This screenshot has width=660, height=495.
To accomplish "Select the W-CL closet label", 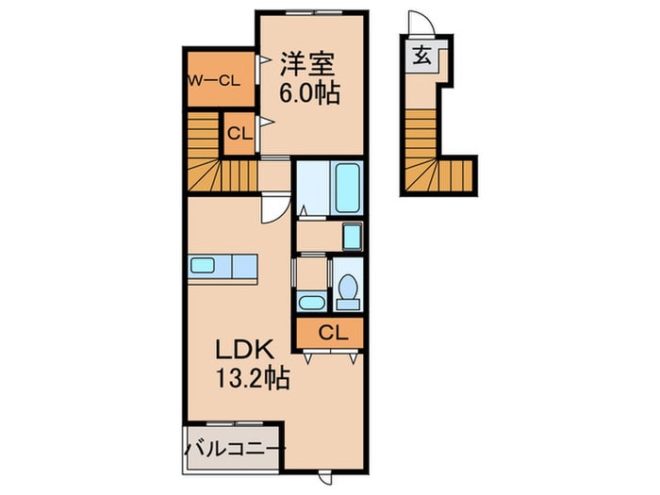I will pyautogui.click(x=219, y=80).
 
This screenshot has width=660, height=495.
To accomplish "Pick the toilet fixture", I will pyautogui.click(x=347, y=289).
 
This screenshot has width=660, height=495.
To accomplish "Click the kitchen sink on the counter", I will pyautogui.click(x=203, y=265).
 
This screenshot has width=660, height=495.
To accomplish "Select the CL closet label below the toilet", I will pyautogui.click(x=330, y=332).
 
